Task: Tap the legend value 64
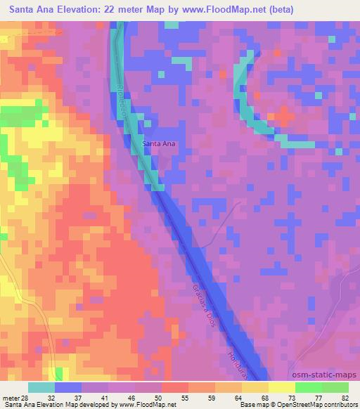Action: (240, 398)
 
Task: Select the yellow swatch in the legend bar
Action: (282, 387)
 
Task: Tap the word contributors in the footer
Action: (340, 405)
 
